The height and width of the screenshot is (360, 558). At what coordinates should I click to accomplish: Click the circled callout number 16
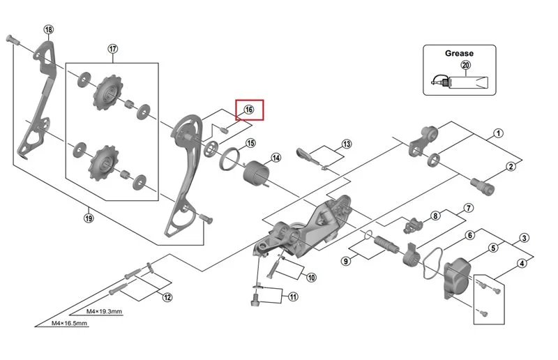[249, 110]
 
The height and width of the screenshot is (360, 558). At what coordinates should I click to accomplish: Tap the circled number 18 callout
[49, 29]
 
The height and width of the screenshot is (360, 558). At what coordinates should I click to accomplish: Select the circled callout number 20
[466, 65]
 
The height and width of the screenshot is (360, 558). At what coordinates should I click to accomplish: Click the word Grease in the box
[459, 54]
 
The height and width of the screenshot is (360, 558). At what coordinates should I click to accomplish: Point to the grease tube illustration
[460, 82]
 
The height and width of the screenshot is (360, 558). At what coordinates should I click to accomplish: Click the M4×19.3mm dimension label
[104, 311]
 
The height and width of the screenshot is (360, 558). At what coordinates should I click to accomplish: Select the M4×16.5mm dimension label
[69, 323]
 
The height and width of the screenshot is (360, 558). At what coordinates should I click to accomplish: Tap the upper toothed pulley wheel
[107, 92]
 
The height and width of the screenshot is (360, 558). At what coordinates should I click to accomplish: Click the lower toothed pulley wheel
[104, 163]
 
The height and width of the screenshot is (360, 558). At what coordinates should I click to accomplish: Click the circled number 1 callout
[499, 133]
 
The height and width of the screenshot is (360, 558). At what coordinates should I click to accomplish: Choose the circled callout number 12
[167, 297]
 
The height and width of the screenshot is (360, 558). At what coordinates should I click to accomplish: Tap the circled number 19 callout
[89, 218]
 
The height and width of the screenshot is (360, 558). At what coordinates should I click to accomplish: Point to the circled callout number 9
[345, 261]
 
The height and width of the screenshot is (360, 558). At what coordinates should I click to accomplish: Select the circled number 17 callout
[113, 49]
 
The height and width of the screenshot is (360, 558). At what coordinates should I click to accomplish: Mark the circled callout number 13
[347, 144]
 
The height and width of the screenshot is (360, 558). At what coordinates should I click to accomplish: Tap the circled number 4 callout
[522, 264]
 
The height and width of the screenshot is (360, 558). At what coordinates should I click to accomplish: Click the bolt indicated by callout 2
[482, 186]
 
